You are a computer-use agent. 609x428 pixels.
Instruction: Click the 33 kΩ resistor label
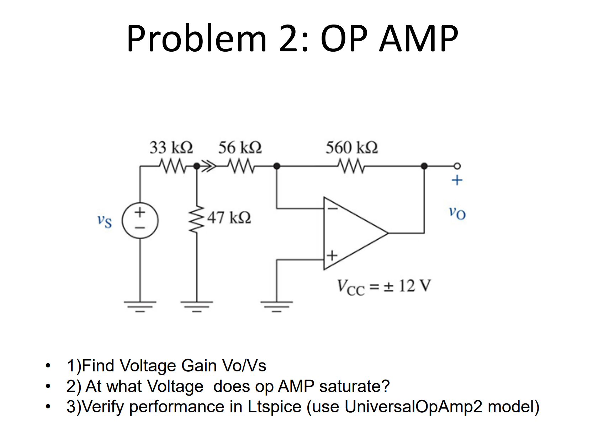(x=171, y=147)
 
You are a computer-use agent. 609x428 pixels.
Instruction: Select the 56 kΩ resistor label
(x=240, y=147)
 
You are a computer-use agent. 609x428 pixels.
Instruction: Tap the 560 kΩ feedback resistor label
(x=351, y=147)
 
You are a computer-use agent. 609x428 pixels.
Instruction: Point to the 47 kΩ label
(x=229, y=217)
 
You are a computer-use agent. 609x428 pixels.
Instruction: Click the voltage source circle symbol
(x=140, y=220)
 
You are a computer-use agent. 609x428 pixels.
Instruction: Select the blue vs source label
(x=105, y=221)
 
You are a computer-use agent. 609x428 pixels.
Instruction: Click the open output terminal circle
(x=457, y=166)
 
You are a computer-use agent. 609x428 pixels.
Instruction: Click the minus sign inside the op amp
(x=332, y=208)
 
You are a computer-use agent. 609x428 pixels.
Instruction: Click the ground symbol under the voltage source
(x=140, y=306)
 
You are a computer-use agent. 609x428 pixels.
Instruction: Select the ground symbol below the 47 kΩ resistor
(x=197, y=306)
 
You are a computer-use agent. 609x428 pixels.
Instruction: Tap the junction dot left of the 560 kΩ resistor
(x=277, y=166)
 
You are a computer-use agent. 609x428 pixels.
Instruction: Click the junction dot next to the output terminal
(x=424, y=166)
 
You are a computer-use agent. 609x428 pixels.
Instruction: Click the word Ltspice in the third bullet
(x=274, y=407)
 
